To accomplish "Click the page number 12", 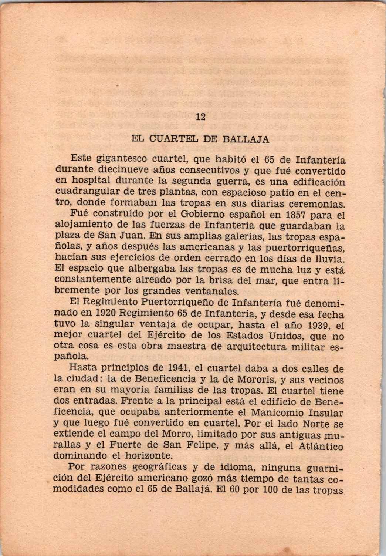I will click(200, 117).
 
